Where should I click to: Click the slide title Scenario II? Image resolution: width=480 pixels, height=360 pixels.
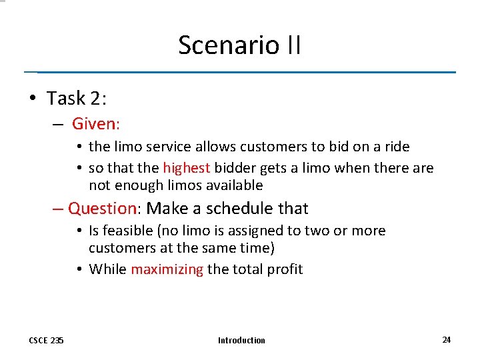pos(239,45)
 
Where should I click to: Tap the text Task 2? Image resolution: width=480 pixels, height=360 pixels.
pos(77,98)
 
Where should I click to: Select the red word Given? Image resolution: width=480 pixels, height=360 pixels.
pos(94,123)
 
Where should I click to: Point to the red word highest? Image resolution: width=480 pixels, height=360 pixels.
pos(187,168)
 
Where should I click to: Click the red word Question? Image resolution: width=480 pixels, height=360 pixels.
pos(102,208)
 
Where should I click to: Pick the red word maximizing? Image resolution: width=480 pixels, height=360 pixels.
pos(167,269)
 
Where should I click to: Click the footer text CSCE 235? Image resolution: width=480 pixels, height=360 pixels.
pos(46,340)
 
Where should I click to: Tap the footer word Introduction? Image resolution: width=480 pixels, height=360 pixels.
pos(241,340)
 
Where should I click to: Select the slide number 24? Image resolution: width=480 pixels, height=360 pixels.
pos(446,339)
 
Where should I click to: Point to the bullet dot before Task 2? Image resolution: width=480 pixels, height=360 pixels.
pos(33,99)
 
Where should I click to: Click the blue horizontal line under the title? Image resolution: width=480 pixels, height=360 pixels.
pos(240,72)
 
